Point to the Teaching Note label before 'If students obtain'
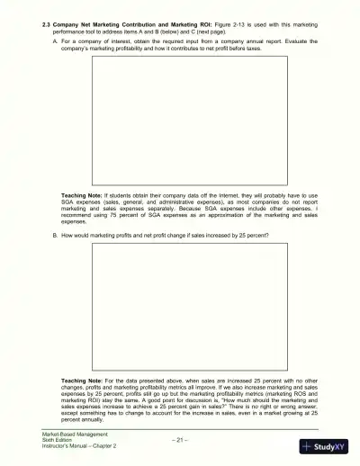coord(81,194)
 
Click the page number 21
coord(180,440)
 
